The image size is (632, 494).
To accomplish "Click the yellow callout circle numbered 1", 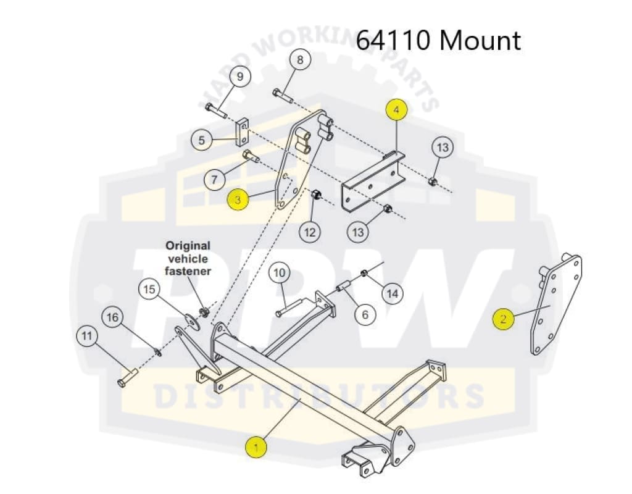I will point(256,446).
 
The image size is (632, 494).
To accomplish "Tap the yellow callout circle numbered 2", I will point(504,319).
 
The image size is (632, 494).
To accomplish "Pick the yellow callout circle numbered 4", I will point(397,110).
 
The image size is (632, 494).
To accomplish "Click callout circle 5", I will point(202,140).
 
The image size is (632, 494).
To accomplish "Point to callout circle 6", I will point(365,314).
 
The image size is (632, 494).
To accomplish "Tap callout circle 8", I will point(300,60).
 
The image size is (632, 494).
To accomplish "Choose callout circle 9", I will point(240,77).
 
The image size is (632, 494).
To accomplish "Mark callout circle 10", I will point(280,272).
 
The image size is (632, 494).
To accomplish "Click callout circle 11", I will point(87,336).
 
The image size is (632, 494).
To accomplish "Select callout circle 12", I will point(310,232).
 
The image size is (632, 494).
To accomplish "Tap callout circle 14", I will point(391,293).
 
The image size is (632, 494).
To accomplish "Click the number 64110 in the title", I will point(394,41).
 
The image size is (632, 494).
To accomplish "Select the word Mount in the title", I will point(481,41).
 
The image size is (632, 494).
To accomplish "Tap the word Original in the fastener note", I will point(188,246).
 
